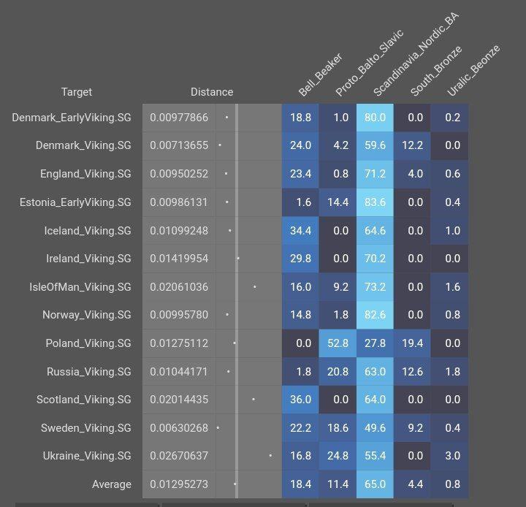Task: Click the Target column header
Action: click(77, 92)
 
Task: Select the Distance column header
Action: click(212, 92)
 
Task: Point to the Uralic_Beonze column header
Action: click(473, 71)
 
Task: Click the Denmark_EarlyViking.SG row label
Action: click(72, 118)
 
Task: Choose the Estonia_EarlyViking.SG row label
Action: click(75, 202)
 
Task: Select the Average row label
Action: click(111, 484)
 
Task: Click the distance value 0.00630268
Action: click(179, 428)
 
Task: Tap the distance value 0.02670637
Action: click(179, 456)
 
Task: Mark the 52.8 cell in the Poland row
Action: click(338, 343)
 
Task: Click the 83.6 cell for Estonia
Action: click(375, 202)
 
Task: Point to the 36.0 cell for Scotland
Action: click(300, 400)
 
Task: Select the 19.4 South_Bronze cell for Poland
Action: click(412, 343)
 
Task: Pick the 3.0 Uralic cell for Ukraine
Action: click(452, 456)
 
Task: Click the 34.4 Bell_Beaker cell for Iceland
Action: click(300, 231)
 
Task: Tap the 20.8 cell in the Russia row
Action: click(338, 372)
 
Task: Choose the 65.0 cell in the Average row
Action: click(375, 484)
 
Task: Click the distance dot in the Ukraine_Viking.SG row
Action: click(270, 456)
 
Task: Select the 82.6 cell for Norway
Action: click(375, 316)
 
